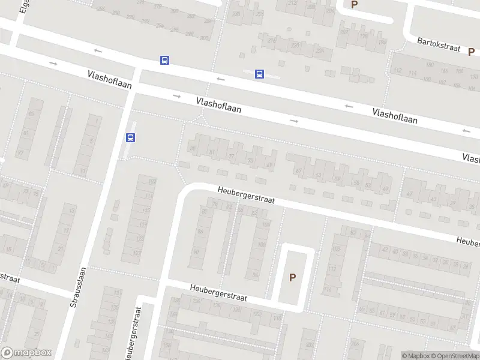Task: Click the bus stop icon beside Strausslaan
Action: (130, 137)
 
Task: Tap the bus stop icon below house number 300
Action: (164, 60)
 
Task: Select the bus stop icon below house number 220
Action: (259, 74)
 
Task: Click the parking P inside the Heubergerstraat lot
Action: (293, 277)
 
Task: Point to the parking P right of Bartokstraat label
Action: (472, 52)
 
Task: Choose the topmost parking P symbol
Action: (354, 4)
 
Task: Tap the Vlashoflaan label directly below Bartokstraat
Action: (395, 116)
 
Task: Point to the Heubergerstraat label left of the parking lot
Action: (218, 292)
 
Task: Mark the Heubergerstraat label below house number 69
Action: (245, 195)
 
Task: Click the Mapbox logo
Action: (26, 353)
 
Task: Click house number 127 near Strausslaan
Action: (137, 253)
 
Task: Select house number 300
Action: (204, 38)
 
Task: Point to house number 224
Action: (319, 51)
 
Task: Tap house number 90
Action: (196, 252)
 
